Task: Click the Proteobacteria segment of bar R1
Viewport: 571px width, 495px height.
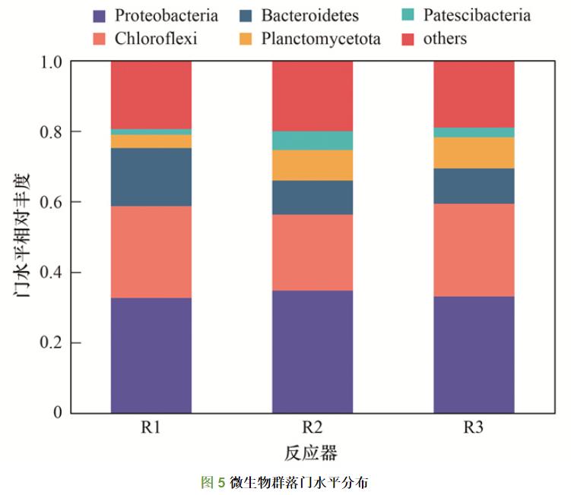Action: [x=151, y=355]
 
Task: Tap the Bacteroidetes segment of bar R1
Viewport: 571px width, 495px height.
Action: [x=151, y=176]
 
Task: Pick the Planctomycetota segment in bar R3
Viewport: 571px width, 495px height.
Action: [x=474, y=153]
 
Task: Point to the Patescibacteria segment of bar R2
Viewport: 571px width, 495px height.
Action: [x=312, y=140]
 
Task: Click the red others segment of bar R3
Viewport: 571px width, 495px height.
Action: [x=474, y=93]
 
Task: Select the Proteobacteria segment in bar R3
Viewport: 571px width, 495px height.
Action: [x=474, y=355]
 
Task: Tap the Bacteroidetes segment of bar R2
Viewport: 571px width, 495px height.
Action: [x=312, y=197]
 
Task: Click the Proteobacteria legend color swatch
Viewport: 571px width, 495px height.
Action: [x=99, y=15]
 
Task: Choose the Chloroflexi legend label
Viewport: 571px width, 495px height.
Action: [x=156, y=38]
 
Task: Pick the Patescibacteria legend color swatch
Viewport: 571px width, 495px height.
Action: [x=407, y=15]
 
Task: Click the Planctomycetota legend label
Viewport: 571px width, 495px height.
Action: [x=320, y=38]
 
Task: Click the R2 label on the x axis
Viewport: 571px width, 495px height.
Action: [x=312, y=427]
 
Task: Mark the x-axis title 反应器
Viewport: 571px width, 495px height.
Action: [x=312, y=453]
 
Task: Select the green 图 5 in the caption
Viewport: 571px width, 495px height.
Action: [x=212, y=482]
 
